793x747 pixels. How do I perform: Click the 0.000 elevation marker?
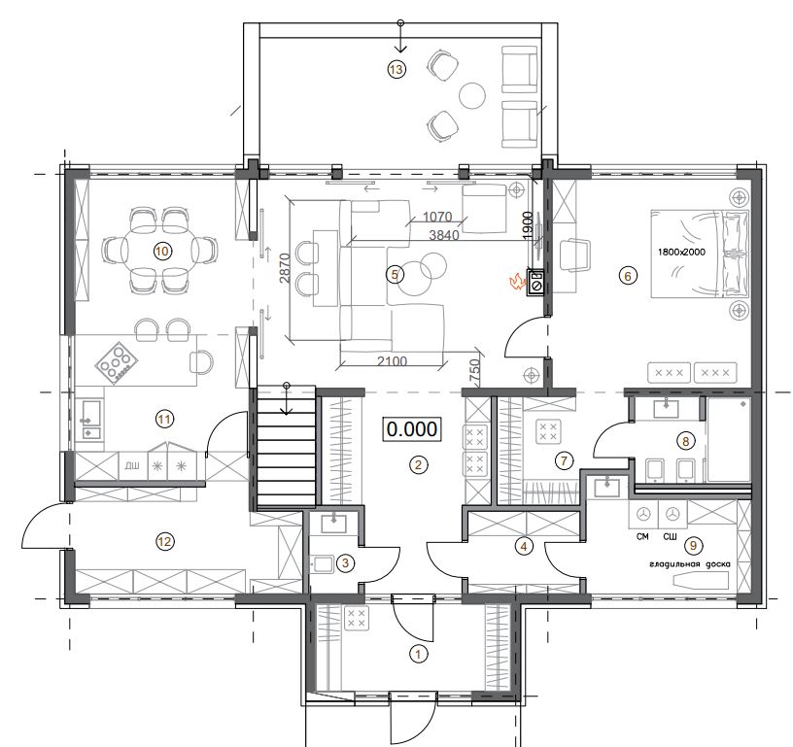412,429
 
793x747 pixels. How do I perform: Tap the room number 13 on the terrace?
396,69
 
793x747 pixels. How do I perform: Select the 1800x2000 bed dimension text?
681,252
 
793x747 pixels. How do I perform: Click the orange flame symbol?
517,281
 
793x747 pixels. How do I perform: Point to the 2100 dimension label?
393,360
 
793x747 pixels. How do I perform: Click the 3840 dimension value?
444,234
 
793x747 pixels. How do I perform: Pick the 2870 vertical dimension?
285,267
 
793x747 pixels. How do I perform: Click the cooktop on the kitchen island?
117,362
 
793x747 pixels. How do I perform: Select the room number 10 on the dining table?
162,252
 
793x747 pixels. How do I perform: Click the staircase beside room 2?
287,447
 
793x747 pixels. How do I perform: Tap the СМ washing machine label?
642,536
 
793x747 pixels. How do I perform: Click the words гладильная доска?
690,564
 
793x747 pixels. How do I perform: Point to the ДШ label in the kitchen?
132,465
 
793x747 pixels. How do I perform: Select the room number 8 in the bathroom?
686,441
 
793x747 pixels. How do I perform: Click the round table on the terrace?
472,95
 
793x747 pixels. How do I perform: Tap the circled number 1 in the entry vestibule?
418,655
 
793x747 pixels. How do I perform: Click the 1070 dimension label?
437,217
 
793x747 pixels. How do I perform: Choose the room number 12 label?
165,542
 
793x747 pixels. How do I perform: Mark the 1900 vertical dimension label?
528,225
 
